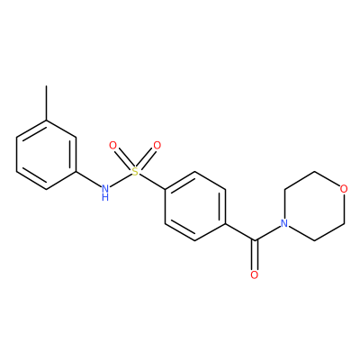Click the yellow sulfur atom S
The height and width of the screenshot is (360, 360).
135,172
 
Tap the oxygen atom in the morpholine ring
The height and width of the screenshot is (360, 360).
344,189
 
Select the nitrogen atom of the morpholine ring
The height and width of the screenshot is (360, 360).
284,223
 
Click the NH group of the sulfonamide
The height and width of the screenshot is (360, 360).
105,192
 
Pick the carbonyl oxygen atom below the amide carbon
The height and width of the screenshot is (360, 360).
255,274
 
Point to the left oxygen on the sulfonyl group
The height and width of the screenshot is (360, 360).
112,146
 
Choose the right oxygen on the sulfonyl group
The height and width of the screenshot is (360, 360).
157,146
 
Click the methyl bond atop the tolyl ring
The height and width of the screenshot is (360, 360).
46,103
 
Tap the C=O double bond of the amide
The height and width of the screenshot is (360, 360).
255,255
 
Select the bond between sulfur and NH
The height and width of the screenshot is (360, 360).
121,181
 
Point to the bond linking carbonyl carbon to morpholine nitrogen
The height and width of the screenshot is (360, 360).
267,233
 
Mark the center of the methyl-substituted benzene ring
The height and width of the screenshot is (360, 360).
46,155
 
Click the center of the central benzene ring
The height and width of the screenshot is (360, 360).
195,206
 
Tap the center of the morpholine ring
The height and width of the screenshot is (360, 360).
314,206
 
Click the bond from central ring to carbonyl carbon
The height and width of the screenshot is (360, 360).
239,231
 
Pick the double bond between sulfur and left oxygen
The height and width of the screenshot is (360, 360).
123,158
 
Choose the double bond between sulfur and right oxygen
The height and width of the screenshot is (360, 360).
147,158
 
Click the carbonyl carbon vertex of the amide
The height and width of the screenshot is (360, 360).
255,240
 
